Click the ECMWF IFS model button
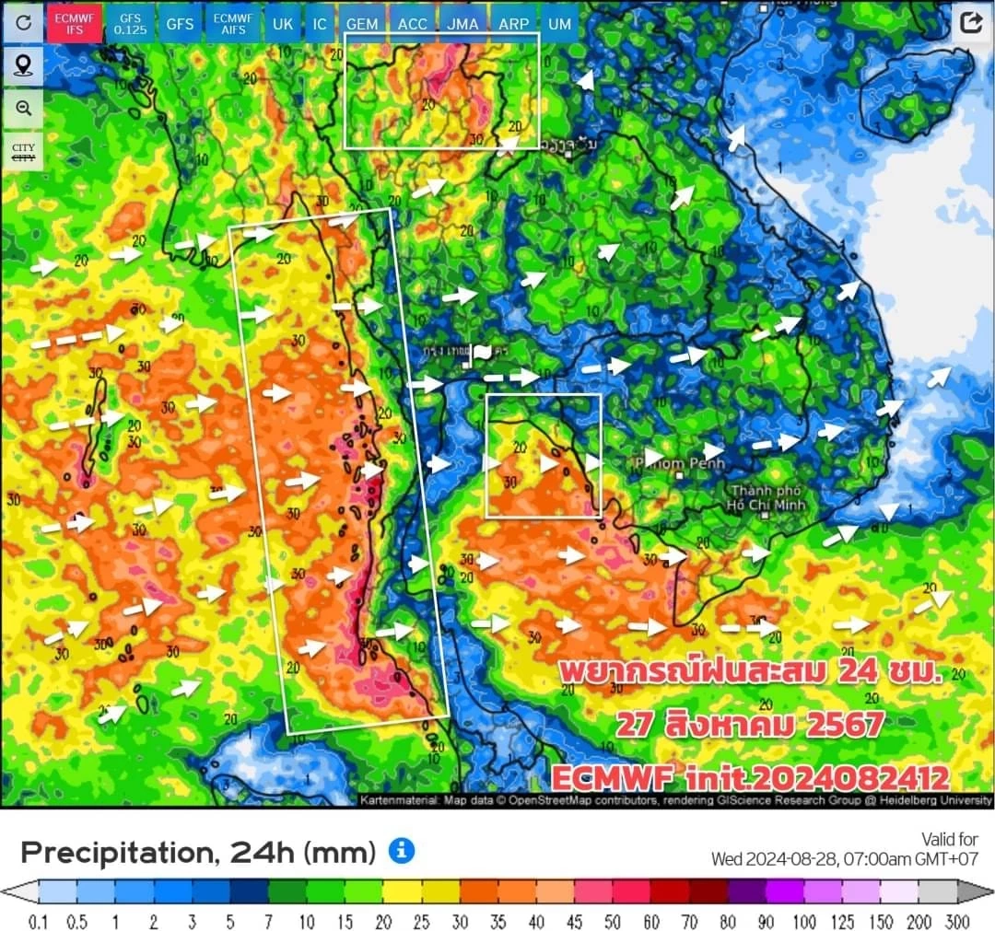click(x=75, y=24)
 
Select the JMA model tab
click(x=462, y=24)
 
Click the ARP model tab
click(x=513, y=24)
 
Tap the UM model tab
click(x=559, y=24)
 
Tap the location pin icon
click(x=23, y=65)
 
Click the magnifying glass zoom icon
click(x=23, y=108)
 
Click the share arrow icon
click(x=971, y=23)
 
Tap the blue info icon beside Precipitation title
click(x=401, y=851)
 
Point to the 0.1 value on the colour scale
click(x=38, y=922)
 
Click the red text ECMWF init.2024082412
click(x=750, y=778)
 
